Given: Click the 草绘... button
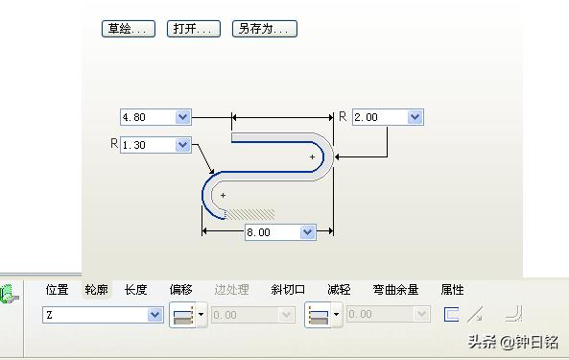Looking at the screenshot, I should click(128, 29).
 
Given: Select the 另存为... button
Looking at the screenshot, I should click(264, 29).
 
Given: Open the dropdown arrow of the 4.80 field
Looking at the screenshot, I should click(183, 117).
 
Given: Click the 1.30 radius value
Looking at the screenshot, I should click(147, 145).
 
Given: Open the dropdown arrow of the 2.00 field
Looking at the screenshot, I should click(415, 117).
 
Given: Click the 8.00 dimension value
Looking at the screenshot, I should click(272, 232).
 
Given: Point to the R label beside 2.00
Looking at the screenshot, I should click(343, 116).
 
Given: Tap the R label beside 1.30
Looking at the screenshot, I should click(114, 144).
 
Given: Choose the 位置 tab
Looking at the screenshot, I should click(57, 290).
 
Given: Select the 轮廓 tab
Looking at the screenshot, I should click(96, 290).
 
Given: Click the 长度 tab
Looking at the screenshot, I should click(136, 290).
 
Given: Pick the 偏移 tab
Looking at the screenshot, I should click(181, 290).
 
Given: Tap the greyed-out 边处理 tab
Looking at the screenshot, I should click(231, 290).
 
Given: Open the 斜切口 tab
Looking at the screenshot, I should click(288, 290).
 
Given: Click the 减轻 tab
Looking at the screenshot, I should click(339, 290).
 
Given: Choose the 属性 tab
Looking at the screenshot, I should click(452, 290).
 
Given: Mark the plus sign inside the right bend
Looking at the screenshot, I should click(312, 156).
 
